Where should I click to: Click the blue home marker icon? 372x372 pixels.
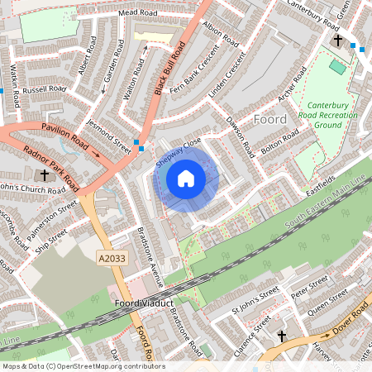click(186, 179)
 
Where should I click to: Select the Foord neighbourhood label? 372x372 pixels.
click(270, 120)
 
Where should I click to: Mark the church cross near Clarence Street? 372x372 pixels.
click(282, 336)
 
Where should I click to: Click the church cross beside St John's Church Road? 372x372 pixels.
click(45, 175)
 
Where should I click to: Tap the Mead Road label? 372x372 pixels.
click(137, 14)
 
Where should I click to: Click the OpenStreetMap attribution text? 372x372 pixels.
click(83, 366)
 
